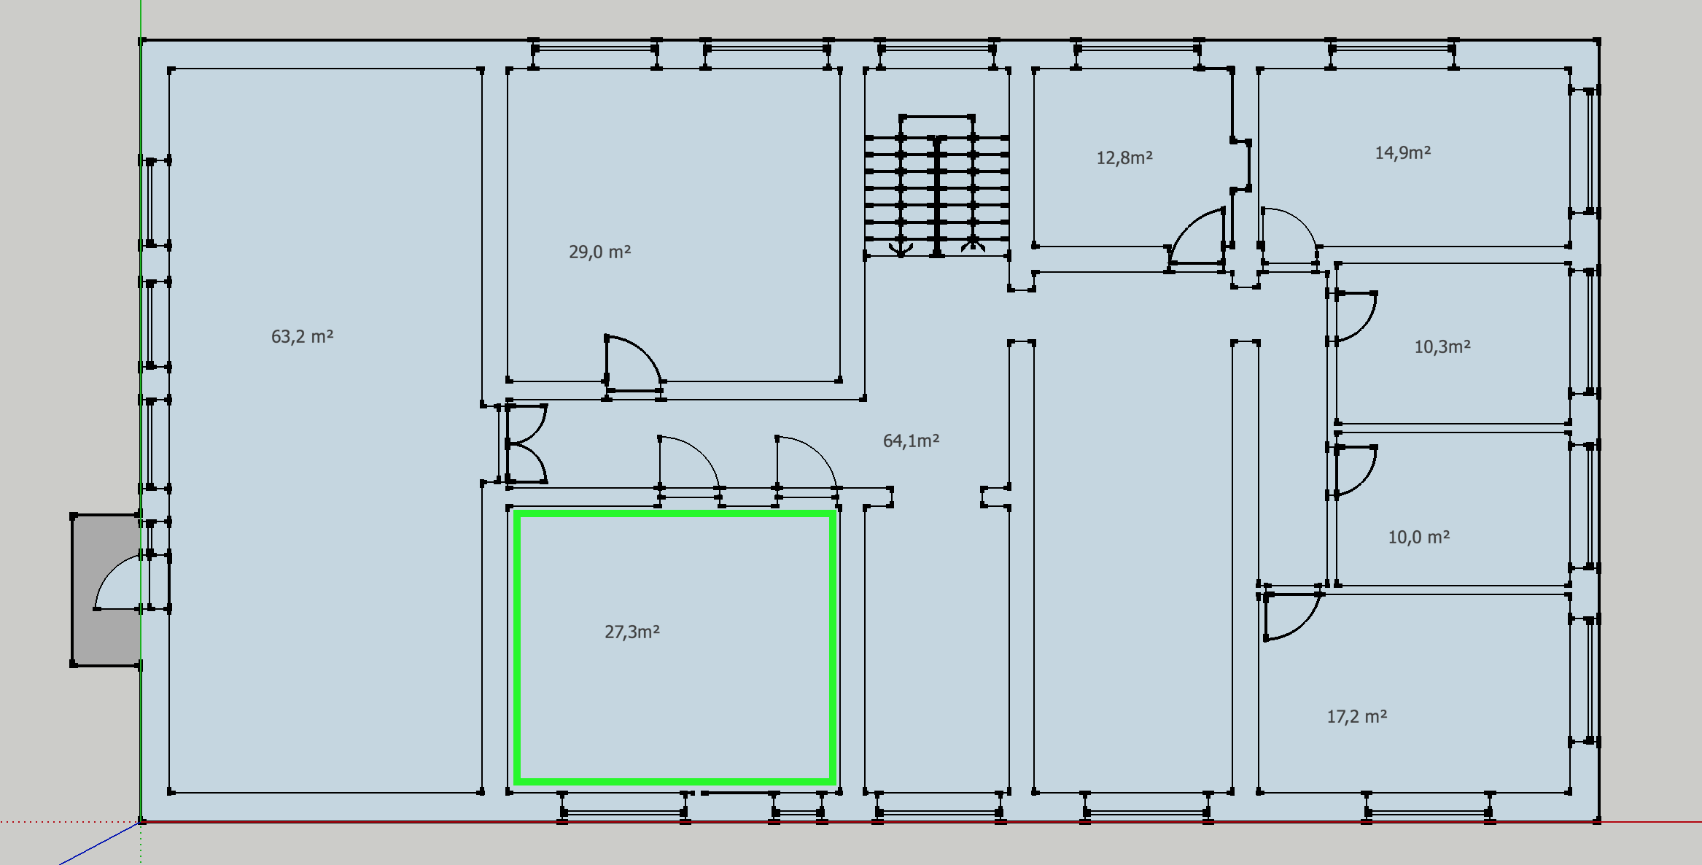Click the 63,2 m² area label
303,336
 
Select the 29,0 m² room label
600,252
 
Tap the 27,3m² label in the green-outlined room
632,632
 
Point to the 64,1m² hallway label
912,441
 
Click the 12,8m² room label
1124,158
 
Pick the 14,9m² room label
1403,152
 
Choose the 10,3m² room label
1442,346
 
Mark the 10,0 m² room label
1419,537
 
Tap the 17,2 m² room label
1357,716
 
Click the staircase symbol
937,186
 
